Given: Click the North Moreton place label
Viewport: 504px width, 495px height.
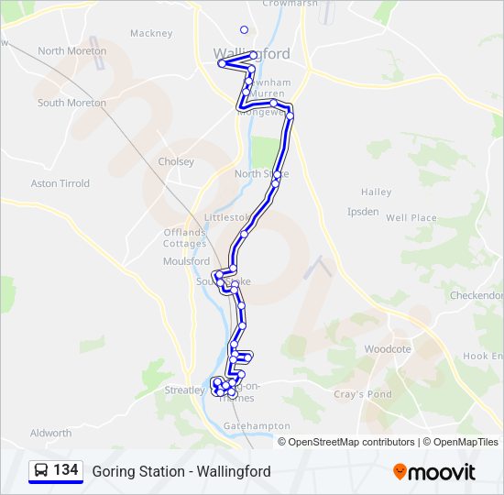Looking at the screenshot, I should (71, 51).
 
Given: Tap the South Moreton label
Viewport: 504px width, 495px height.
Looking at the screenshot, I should (71, 103).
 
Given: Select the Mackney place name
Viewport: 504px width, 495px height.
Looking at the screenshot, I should (151, 33).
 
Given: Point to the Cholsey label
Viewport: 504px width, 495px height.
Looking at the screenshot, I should (176, 161).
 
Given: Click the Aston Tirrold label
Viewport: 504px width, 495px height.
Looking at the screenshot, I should (60, 183).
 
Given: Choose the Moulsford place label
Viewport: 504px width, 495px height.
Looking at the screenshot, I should (186, 261).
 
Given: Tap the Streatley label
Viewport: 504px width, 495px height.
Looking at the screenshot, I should (183, 390).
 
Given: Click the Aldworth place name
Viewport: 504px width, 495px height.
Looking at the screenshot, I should (50, 433).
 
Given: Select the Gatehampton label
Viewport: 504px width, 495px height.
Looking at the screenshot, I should (257, 426).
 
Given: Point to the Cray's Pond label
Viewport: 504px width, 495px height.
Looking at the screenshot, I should (362, 394).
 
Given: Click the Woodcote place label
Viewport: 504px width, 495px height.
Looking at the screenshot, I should (388, 349).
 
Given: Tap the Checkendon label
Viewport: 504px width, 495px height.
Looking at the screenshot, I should (477, 296).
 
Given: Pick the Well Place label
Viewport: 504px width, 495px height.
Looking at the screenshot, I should (411, 218).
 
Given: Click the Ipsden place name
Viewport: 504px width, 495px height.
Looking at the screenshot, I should (363, 211).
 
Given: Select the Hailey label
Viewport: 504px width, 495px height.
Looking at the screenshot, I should (376, 192).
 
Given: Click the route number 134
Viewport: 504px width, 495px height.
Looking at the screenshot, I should (65, 470).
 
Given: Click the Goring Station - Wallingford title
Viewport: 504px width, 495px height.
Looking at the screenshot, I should (181, 471).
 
